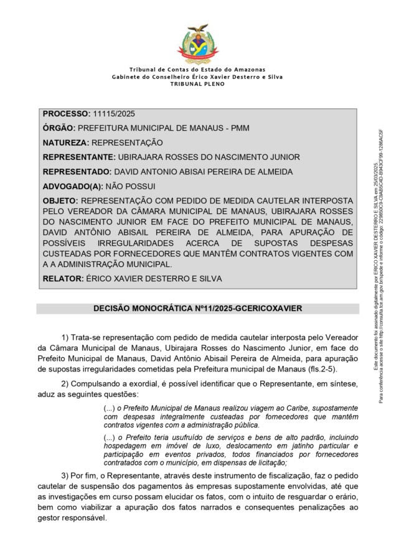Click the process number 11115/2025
click(x=113, y=114)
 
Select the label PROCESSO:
click(x=66, y=114)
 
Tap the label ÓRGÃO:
click(x=59, y=128)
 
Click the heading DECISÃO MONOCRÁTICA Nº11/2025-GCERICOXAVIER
click(x=197, y=308)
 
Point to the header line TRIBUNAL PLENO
click(x=197, y=83)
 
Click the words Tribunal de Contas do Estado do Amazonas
click(x=197, y=69)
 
